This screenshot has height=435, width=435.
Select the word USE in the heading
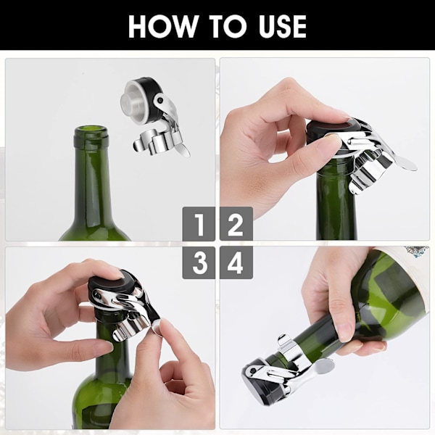coord(282,26)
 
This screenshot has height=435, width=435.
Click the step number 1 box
coord(199,224)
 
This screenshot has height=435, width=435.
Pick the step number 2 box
coord(236,224)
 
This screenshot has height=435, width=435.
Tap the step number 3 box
coord(199,262)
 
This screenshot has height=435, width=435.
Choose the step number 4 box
coord(236,262)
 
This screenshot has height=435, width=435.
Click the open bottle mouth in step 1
coord(91,130)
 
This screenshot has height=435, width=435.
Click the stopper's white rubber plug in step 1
coord(134,101)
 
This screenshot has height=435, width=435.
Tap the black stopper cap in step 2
coord(331,131)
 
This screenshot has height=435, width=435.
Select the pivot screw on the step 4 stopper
coord(253,370)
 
